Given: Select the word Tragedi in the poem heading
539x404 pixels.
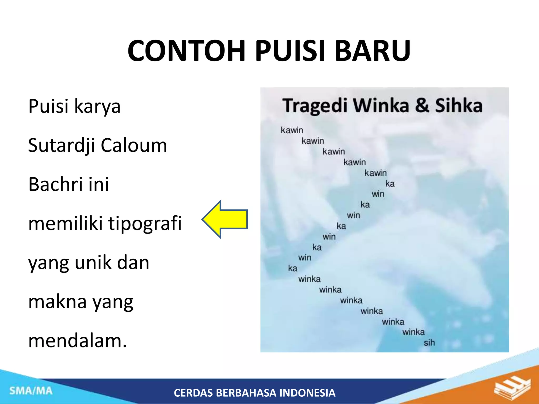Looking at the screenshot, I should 315,106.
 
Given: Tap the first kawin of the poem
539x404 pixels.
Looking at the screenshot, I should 292,130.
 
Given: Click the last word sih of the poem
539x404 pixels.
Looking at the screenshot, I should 429,342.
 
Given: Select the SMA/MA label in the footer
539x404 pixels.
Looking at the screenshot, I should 31,391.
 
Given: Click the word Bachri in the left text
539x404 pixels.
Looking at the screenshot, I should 55,184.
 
